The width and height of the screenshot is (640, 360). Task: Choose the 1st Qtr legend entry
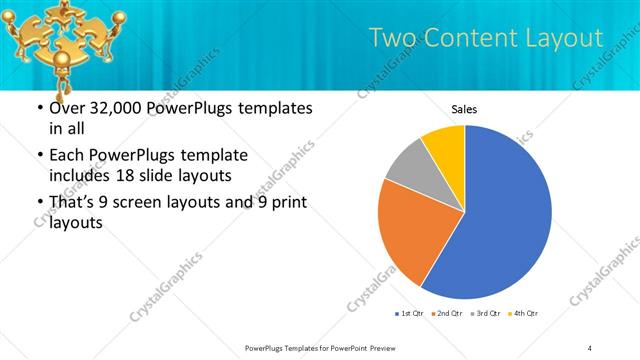408,314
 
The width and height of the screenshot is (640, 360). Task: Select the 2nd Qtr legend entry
446,314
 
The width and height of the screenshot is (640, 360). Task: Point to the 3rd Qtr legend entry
484,314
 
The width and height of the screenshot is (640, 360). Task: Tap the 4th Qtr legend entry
522,314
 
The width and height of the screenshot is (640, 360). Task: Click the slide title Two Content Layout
486,38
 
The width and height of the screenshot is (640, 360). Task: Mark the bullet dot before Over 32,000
38,108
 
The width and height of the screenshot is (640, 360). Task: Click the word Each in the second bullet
67,156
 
